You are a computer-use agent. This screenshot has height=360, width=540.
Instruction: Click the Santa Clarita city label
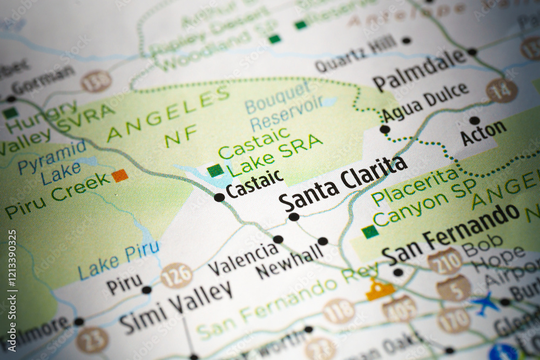pyautogui.click(x=343, y=184)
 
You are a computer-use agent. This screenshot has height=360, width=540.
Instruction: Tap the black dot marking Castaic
pyautogui.click(x=219, y=198)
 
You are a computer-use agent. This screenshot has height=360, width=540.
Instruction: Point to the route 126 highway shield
pyautogui.click(x=177, y=275)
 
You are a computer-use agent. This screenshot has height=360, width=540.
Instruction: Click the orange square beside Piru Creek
pyautogui.click(x=120, y=175)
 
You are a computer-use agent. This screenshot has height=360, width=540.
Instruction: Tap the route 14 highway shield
pyautogui.click(x=502, y=91)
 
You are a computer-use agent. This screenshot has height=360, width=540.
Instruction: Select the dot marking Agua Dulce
pyautogui.click(x=384, y=130)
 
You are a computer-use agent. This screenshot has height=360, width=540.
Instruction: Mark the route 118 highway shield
pyautogui.click(x=339, y=311)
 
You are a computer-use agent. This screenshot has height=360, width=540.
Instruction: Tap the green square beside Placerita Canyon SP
pyautogui.click(x=370, y=232)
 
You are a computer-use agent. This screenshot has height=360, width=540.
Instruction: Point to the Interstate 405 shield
pyautogui.click(x=400, y=308)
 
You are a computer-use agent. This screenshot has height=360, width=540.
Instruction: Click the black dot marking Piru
pyautogui.click(x=146, y=290)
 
